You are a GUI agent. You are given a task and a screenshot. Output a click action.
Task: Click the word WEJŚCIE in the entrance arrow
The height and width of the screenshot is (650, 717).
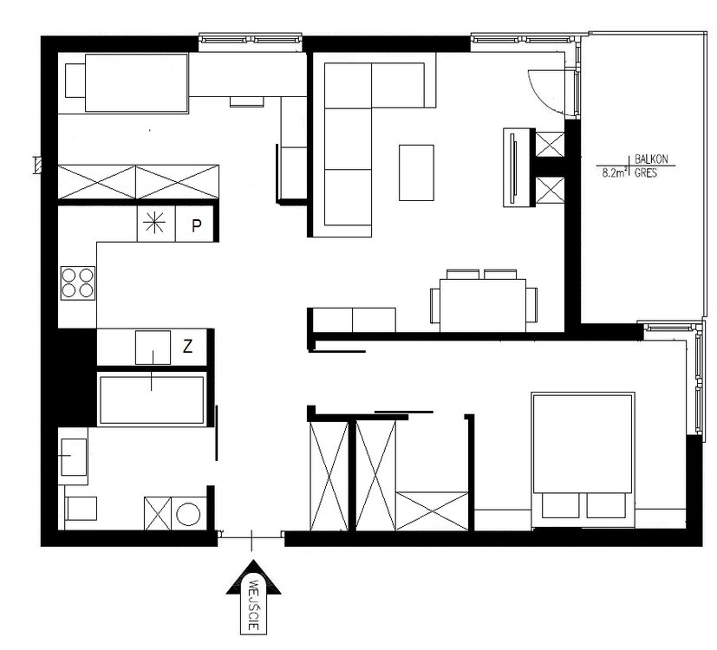[x=253, y=605]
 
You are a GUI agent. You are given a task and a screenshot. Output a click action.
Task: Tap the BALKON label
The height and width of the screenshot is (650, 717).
[x=651, y=159]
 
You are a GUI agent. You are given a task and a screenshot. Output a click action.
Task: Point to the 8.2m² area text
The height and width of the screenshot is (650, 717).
[x=615, y=172]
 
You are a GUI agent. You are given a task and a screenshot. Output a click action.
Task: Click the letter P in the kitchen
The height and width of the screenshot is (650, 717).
[x=197, y=225]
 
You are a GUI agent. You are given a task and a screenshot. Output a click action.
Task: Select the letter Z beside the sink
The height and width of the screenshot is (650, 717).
[x=187, y=347]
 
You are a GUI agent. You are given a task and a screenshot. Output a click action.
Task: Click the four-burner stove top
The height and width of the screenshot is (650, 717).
[x=78, y=283]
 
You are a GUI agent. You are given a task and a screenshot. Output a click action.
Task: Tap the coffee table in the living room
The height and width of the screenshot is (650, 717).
[x=416, y=172]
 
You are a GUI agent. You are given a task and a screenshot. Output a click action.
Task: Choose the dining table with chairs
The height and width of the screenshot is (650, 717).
[x=483, y=301]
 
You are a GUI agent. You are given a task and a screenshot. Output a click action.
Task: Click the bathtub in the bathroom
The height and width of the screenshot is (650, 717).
[x=152, y=400]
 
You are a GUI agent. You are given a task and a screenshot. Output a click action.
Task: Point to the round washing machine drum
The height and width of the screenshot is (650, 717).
[x=188, y=514]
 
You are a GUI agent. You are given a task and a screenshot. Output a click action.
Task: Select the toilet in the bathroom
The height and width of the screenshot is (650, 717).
[x=81, y=508]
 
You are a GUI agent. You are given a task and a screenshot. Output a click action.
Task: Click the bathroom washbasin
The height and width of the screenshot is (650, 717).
[x=74, y=457]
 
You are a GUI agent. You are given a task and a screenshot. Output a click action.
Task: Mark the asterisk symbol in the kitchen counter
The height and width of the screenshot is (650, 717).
[x=154, y=223]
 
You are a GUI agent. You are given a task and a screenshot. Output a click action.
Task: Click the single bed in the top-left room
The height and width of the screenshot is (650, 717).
[x=127, y=82]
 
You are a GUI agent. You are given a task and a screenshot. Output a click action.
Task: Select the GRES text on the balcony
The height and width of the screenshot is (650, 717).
[x=646, y=172]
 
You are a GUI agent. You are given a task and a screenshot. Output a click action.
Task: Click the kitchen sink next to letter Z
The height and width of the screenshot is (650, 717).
[x=153, y=348]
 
